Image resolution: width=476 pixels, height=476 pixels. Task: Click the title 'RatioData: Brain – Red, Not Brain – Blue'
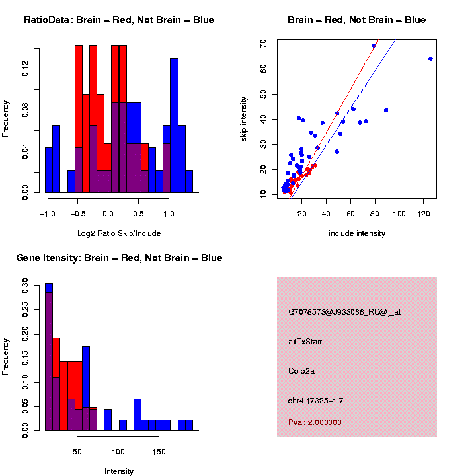tap(119, 20)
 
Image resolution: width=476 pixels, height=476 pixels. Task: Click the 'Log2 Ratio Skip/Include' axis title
tap(119, 233)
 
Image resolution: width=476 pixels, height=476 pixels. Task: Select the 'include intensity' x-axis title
tap(356, 233)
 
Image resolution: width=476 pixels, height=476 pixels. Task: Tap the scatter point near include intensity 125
tap(430, 58)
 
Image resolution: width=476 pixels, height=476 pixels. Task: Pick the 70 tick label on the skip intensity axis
tap(263, 44)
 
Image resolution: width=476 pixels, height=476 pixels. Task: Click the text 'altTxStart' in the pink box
tap(305, 342)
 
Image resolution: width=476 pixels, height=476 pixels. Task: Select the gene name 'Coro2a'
tap(301, 371)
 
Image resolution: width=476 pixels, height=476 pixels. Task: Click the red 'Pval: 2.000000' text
tap(315, 422)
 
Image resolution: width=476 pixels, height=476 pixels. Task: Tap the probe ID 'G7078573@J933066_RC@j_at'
tap(344, 312)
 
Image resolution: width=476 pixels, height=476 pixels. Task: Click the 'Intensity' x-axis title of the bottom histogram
tap(119, 471)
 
